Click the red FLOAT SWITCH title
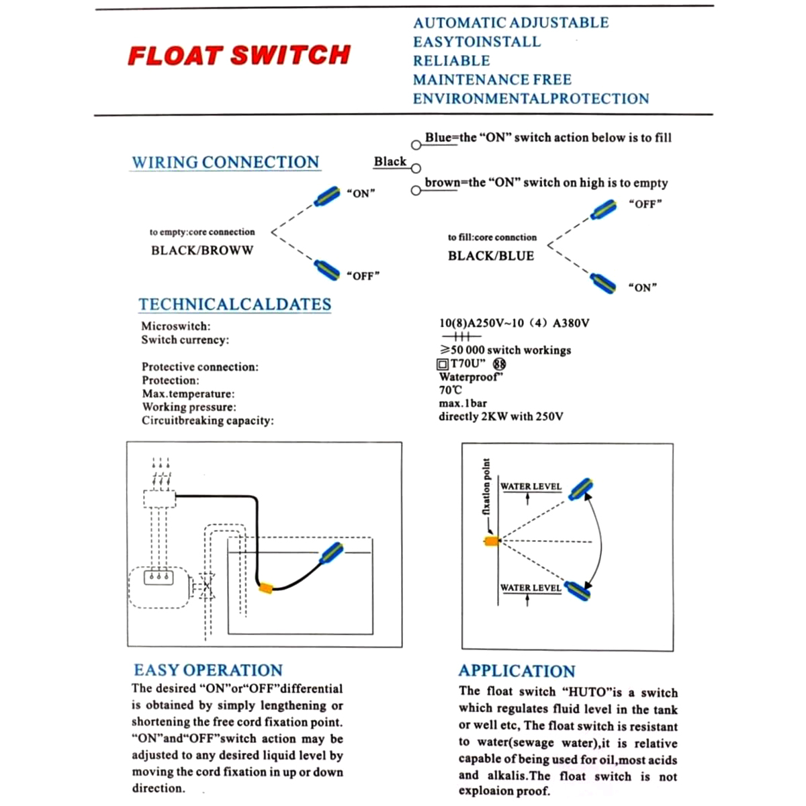(x=239, y=55)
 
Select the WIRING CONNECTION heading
(x=225, y=163)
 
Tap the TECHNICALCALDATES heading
(x=234, y=304)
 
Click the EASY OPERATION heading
(x=208, y=670)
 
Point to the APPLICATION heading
(x=517, y=671)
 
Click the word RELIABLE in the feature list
(x=451, y=60)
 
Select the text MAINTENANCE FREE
(x=492, y=79)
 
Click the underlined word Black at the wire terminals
(x=390, y=162)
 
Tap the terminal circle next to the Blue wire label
(x=416, y=145)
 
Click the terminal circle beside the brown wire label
(x=416, y=191)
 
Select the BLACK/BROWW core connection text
(x=202, y=251)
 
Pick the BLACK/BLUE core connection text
(x=490, y=256)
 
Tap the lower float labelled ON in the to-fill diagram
(x=602, y=283)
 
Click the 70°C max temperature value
(x=450, y=390)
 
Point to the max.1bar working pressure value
(x=463, y=403)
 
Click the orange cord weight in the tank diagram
(x=266, y=588)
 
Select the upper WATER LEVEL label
(x=531, y=486)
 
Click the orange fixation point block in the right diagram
(x=492, y=540)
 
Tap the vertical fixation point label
(x=486, y=487)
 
